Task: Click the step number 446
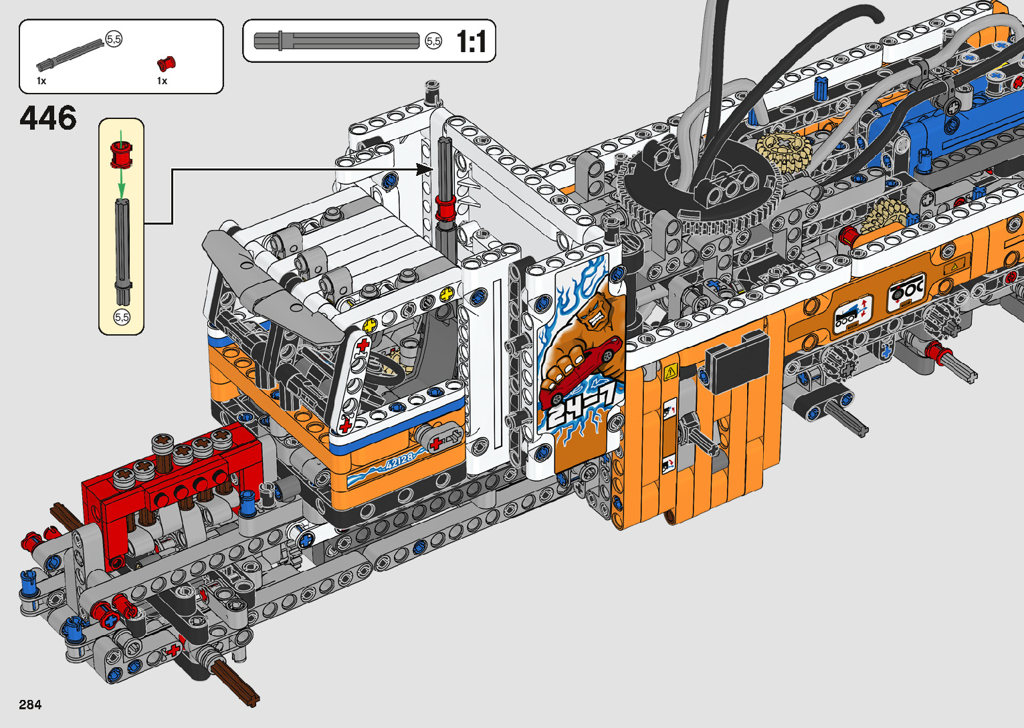[48, 118]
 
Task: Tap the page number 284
[30, 704]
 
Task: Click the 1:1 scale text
[472, 41]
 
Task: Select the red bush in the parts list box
[167, 64]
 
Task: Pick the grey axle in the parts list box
[70, 55]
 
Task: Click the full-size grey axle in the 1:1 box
[336, 41]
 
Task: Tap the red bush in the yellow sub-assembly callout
[121, 154]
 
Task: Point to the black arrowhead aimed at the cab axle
[424, 170]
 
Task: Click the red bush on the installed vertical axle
[445, 209]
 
